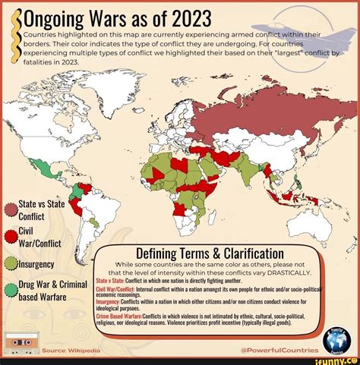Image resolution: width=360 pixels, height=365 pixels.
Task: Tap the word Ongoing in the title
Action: coord(47,17)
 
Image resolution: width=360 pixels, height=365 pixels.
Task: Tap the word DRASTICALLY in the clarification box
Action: coord(284,273)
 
